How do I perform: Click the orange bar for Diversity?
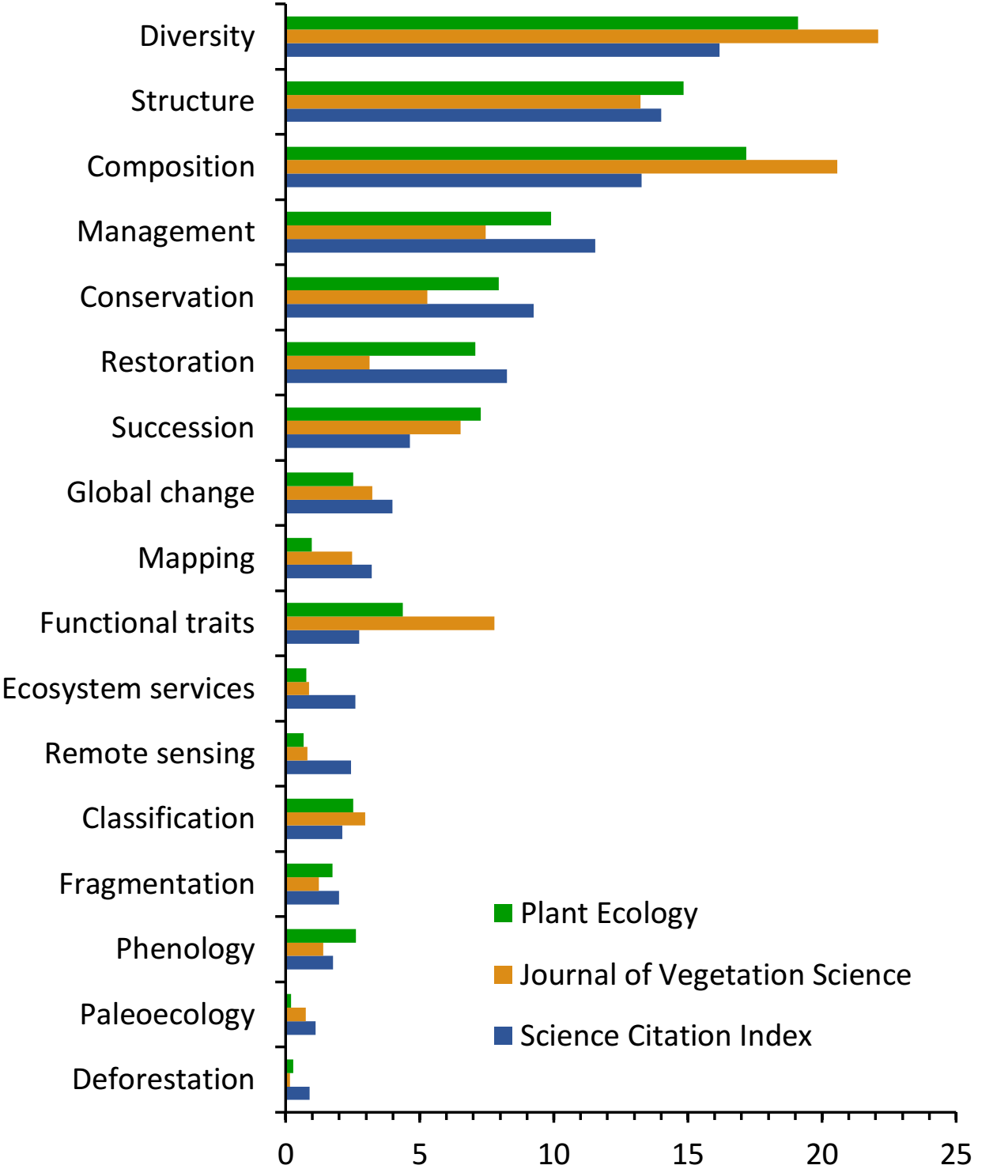click(582, 36)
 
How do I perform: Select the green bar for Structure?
click(485, 88)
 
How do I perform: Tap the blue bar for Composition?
click(463, 180)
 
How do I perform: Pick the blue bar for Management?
click(440, 246)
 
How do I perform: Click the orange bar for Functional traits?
click(390, 623)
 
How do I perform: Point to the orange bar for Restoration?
click(327, 362)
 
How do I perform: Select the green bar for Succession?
click(383, 414)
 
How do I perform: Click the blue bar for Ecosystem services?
click(320, 702)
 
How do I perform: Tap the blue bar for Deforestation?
click(298, 1093)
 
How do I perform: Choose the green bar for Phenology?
click(321, 936)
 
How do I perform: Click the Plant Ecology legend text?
click(609, 914)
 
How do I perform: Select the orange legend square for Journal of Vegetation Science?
click(503, 974)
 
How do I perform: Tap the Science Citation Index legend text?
click(666, 1036)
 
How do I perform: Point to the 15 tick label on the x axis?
click(687, 1154)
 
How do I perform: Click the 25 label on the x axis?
click(955, 1154)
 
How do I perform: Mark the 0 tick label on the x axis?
click(285, 1154)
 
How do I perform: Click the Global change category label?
click(160, 493)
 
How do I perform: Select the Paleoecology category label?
click(167, 1015)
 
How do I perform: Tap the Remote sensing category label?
click(149, 754)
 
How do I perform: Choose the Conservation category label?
click(167, 297)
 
